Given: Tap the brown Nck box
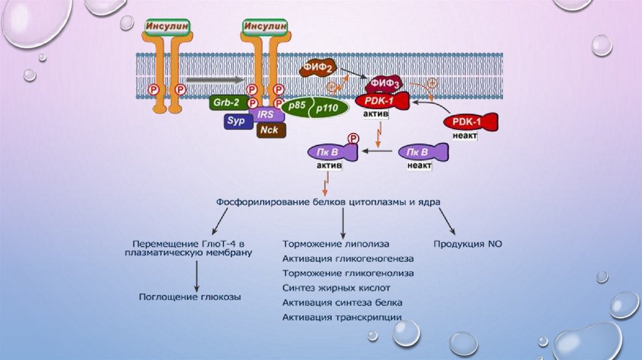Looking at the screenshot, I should click(271, 129).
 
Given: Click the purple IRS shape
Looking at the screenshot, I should click(265, 115).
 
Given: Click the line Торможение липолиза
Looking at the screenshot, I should click(336, 243).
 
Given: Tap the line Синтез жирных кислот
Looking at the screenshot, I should click(337, 288).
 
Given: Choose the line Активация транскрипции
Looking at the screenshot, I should click(342, 317).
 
